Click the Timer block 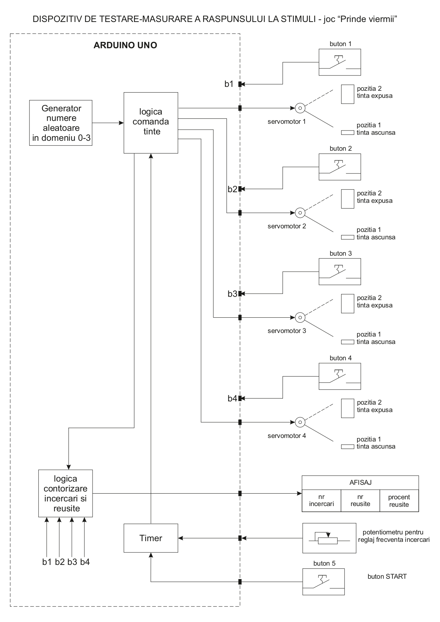(x=151, y=538)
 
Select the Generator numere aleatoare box (x=61, y=123)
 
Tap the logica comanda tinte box (x=151, y=122)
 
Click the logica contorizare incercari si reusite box (x=66, y=493)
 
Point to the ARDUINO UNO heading (x=125, y=45)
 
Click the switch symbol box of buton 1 (x=339, y=62)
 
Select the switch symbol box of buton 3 (x=339, y=272)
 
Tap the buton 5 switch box (x=323, y=582)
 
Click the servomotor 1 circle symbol (x=300, y=108)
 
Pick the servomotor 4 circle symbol (x=300, y=422)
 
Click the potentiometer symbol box (x=329, y=538)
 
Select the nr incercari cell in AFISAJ (x=321, y=500)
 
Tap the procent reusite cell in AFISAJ (x=399, y=500)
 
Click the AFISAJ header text (x=360, y=482)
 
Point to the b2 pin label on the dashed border (x=232, y=189)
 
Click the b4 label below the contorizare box (x=85, y=562)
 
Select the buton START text (x=387, y=576)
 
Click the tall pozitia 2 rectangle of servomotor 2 (x=347, y=199)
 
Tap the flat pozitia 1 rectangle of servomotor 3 (x=347, y=342)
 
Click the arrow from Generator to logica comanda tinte (x=108, y=123)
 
